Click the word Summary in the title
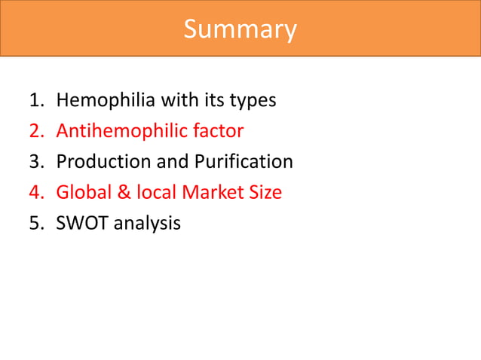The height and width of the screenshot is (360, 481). tap(240, 29)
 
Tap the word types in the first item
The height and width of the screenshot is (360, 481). tap(252, 100)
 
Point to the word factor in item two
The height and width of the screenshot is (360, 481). tap(217, 131)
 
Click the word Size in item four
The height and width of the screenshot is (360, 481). tap(264, 193)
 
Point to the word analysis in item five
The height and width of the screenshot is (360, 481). tap(147, 224)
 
